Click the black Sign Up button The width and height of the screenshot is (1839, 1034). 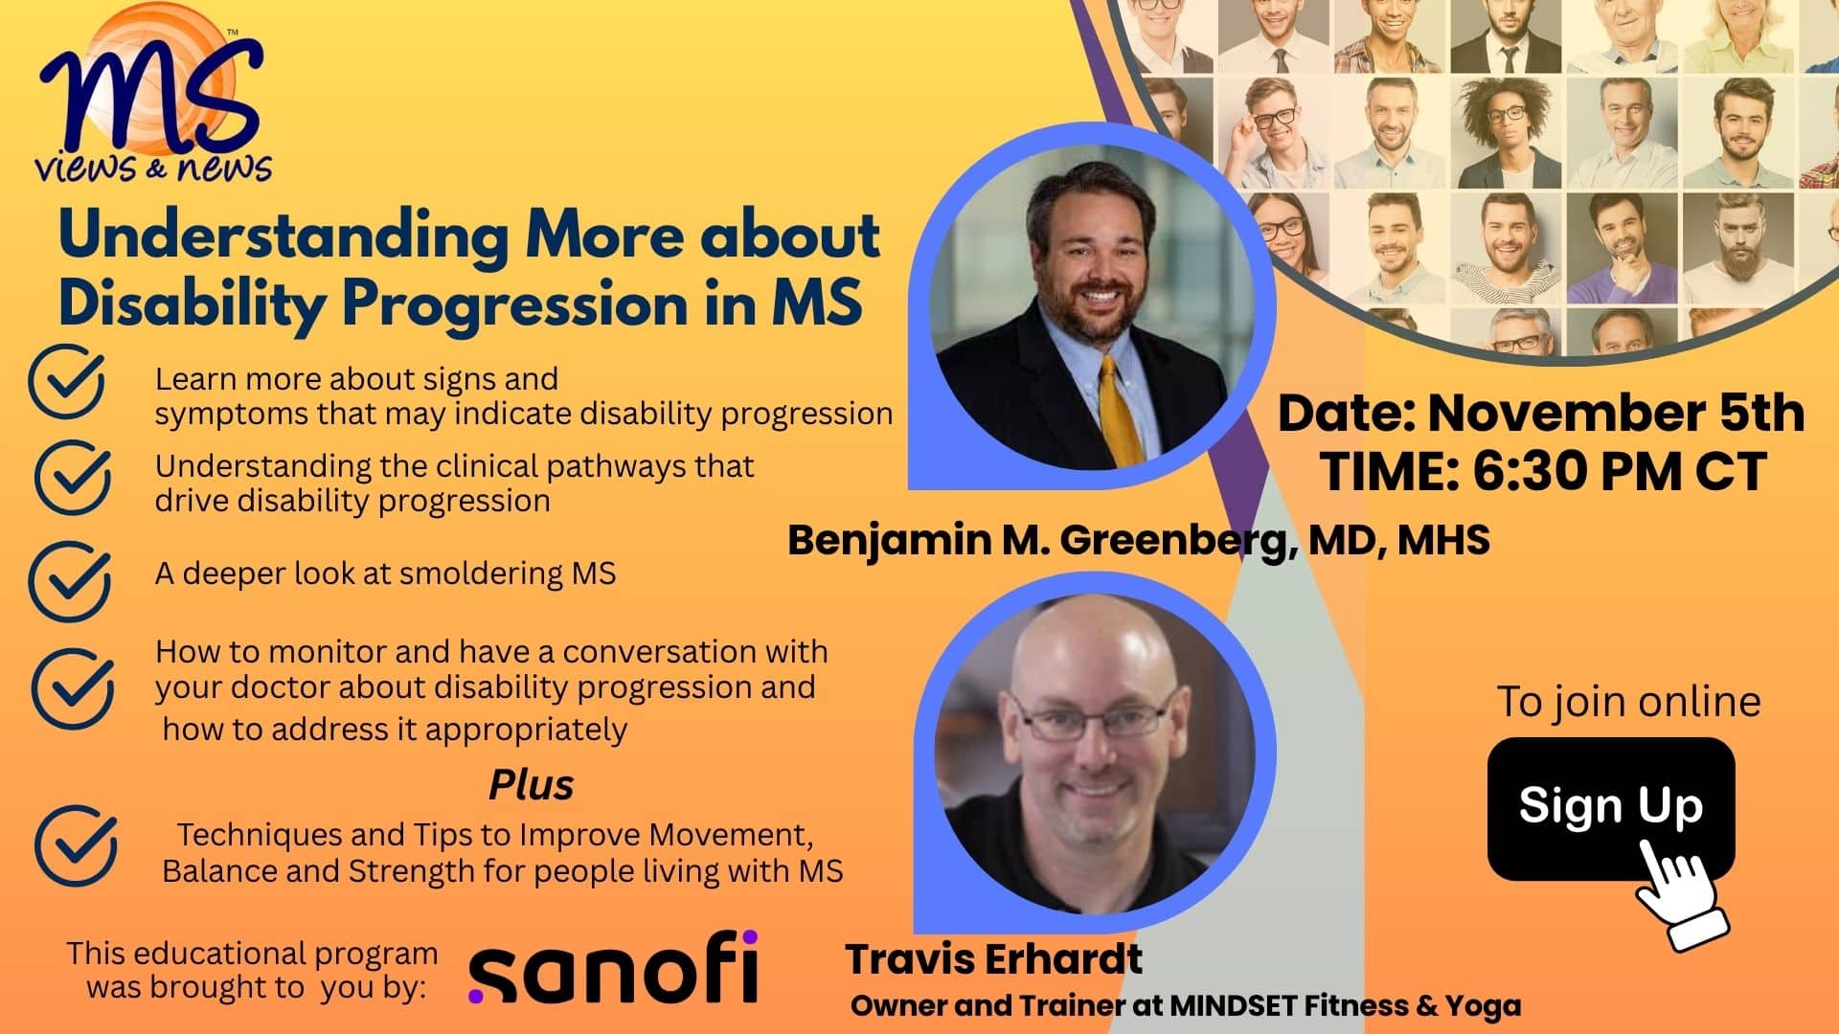(1610, 807)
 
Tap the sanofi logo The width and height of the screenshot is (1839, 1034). (613, 967)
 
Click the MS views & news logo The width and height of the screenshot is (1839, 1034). (153, 96)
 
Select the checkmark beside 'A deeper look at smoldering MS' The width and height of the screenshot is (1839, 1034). (69, 580)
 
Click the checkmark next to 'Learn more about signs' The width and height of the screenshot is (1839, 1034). (66, 382)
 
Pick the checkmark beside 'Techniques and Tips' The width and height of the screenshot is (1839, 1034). (76, 845)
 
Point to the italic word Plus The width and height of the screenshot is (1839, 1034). (532, 785)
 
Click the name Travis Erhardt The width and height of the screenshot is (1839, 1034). (994, 958)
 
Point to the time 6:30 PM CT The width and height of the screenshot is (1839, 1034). (1619, 470)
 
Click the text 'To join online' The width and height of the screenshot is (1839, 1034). (1628, 702)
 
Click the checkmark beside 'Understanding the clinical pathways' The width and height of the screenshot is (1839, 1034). (73, 478)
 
